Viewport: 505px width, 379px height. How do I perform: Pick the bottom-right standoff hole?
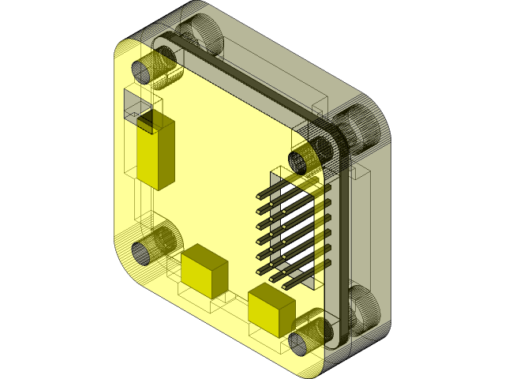coord(301,343)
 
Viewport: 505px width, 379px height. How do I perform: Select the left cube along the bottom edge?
coord(204,271)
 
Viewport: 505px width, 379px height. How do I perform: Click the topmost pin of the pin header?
coord(284,186)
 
